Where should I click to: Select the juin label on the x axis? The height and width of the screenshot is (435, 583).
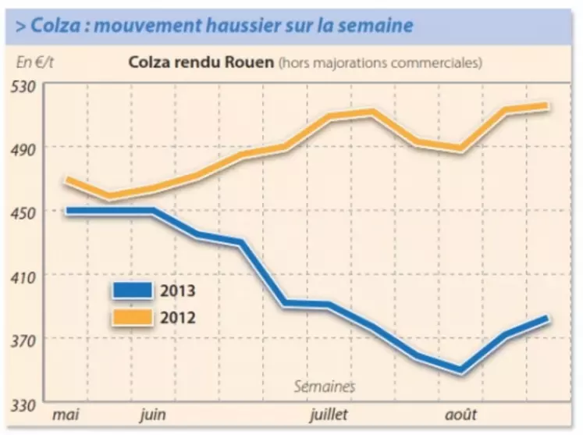pos(153,414)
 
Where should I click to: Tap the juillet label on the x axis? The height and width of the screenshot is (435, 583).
pos(329,414)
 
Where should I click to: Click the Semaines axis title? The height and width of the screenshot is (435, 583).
pos(325,387)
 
